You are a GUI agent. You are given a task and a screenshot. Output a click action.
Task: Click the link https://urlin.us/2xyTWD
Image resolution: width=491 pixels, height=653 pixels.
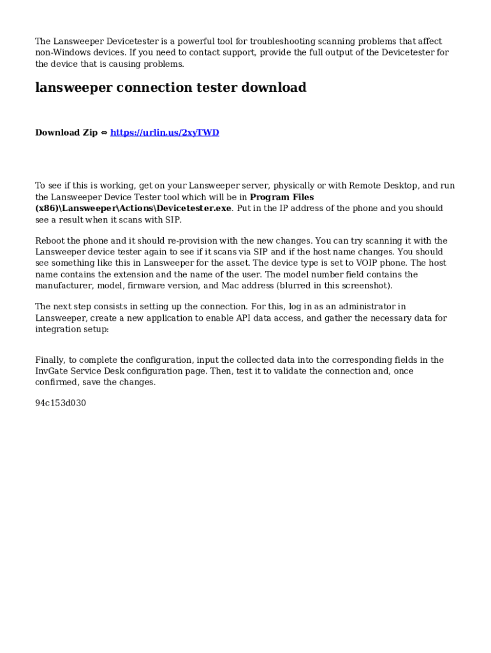coord(165,133)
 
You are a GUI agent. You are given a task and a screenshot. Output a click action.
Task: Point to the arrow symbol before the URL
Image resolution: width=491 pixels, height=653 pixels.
coord(104,133)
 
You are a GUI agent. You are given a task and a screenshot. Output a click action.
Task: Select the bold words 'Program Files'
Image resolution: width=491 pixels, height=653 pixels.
coord(282,197)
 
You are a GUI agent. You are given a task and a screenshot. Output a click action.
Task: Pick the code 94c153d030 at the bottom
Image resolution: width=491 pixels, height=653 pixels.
coord(61,403)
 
